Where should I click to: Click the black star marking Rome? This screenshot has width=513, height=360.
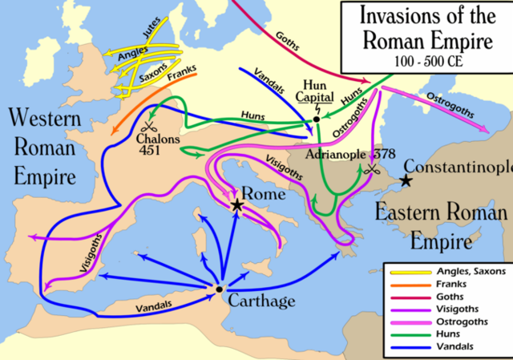[x=237, y=205]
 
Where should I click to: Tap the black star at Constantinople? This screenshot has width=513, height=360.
[x=407, y=181]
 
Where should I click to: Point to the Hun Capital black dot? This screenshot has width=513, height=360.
[x=317, y=119]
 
